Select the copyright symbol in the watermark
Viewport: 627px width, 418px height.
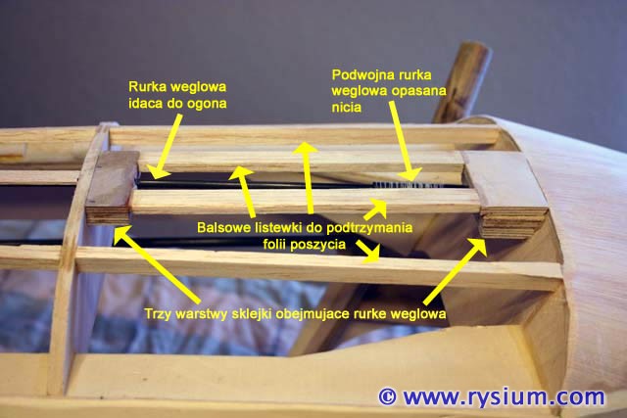pos(387,396)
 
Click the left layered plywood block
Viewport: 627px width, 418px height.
pos(110,191)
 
